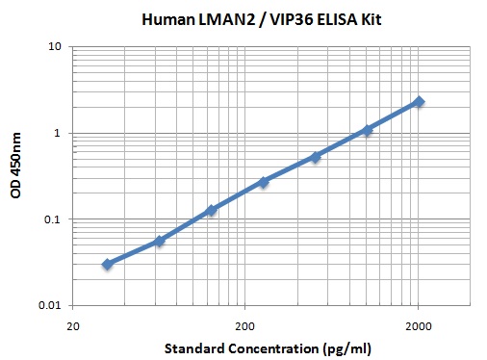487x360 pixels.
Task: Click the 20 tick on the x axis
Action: click(x=72, y=324)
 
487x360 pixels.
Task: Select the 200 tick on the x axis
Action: click(x=245, y=324)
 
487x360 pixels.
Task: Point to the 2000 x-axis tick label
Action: click(x=418, y=324)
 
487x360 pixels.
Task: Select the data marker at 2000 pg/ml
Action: click(x=419, y=101)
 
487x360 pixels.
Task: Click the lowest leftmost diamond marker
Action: click(x=107, y=264)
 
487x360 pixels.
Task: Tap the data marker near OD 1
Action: click(x=367, y=129)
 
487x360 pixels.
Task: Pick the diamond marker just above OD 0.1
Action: click(x=211, y=210)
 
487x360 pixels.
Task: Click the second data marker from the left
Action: click(x=159, y=241)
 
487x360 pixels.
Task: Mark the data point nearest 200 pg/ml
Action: click(x=263, y=181)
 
